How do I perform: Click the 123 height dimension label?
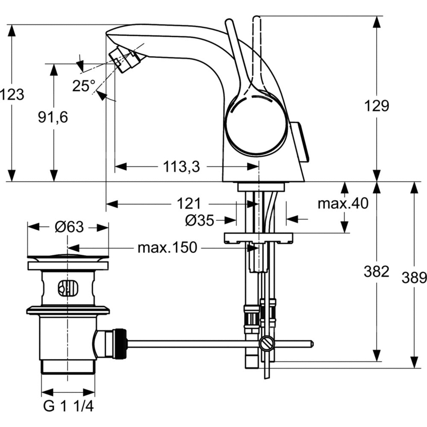[12, 94]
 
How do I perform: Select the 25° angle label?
[83, 86]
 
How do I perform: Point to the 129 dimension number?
[377, 105]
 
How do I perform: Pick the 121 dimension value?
[189, 204]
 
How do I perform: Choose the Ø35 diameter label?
[199, 220]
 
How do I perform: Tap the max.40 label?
[342, 204]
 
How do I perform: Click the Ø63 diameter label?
[69, 227]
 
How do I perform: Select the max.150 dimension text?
[167, 247]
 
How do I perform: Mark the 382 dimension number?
[376, 271]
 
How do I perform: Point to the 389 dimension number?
[414, 278]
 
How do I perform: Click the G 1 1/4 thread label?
[68, 407]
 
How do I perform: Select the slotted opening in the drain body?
[67, 288]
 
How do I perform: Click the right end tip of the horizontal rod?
[312, 343]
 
